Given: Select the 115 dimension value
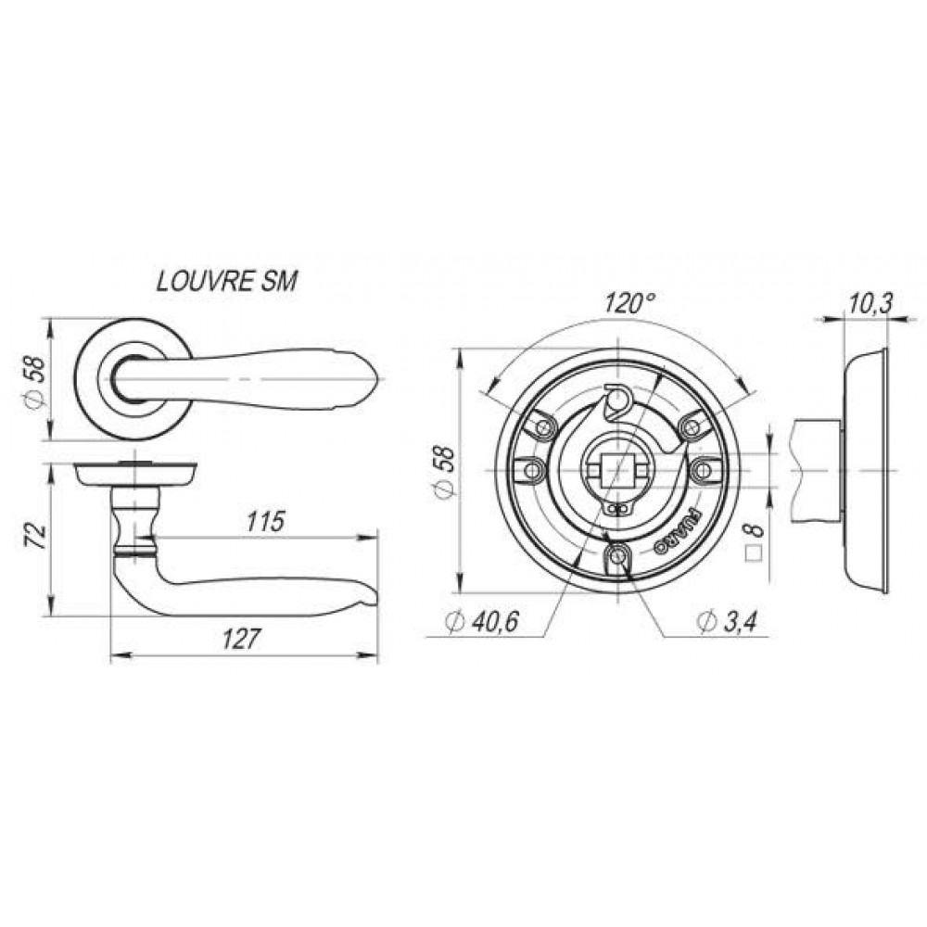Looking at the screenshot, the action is (x=265, y=521).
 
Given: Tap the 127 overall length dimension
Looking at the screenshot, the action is (x=241, y=639).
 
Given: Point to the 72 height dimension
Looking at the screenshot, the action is (x=37, y=536).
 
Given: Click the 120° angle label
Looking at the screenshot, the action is (x=630, y=303).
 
